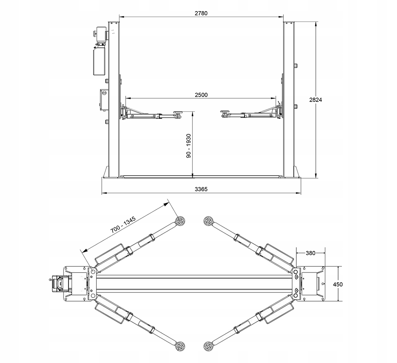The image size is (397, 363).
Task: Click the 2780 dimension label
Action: (201, 13)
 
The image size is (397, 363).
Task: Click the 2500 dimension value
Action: (201, 95)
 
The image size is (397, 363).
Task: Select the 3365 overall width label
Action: (201, 189)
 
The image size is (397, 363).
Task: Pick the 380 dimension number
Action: (310, 253)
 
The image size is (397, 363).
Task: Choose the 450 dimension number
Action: (337, 284)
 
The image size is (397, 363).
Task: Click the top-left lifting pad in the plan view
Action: (180, 221)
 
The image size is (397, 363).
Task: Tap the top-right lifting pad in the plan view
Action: (208, 221)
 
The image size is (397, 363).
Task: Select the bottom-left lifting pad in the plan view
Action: (180, 347)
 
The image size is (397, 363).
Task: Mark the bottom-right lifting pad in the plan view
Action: (208, 347)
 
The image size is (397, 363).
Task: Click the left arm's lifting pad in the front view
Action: (178, 113)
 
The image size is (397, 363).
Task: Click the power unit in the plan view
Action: (59, 283)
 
